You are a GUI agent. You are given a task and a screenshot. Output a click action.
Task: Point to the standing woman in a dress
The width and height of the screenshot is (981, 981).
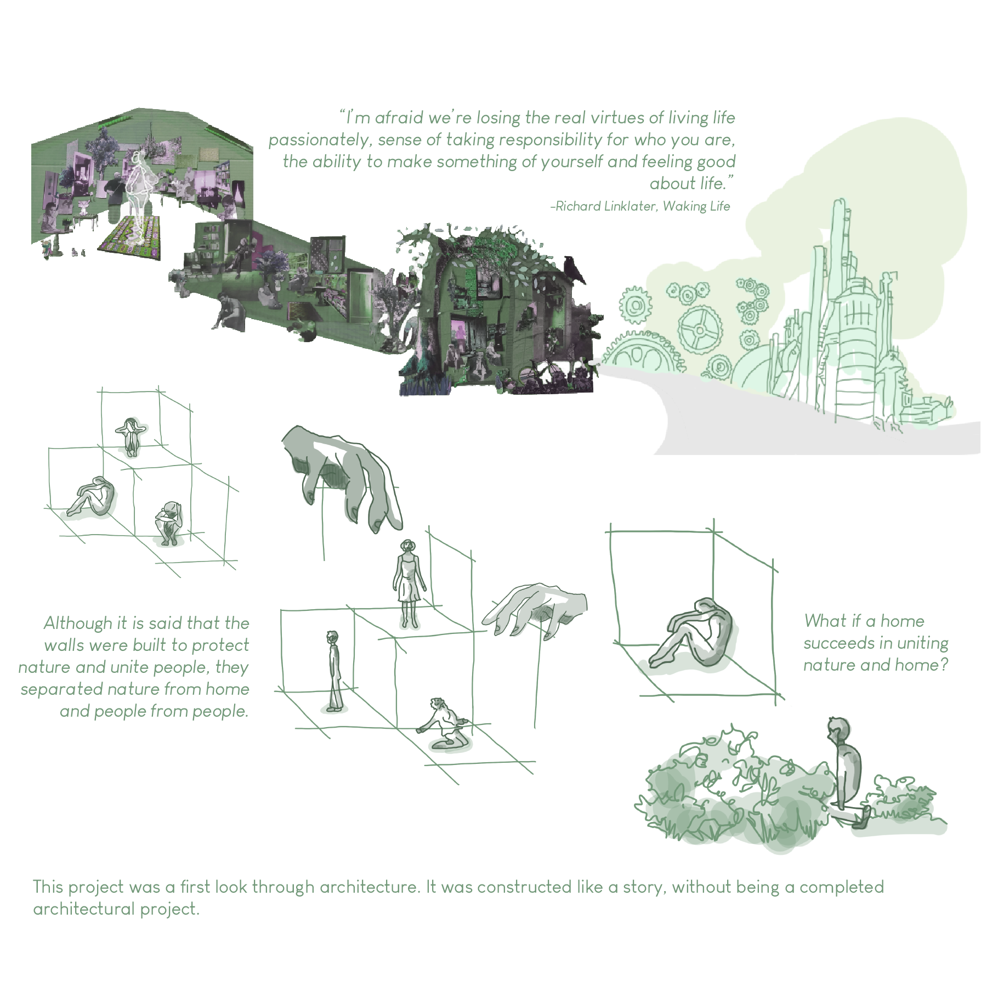click(x=407, y=583)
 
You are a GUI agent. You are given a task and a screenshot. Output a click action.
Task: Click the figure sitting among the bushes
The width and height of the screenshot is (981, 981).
click(x=846, y=768)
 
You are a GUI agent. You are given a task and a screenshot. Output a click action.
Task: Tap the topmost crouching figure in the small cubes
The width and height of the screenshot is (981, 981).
click(x=131, y=436)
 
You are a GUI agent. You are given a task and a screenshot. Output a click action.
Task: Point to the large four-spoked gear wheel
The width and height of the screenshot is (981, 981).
click(x=700, y=330)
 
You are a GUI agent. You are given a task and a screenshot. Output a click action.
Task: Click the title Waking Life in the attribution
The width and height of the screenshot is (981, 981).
click(x=696, y=207)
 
